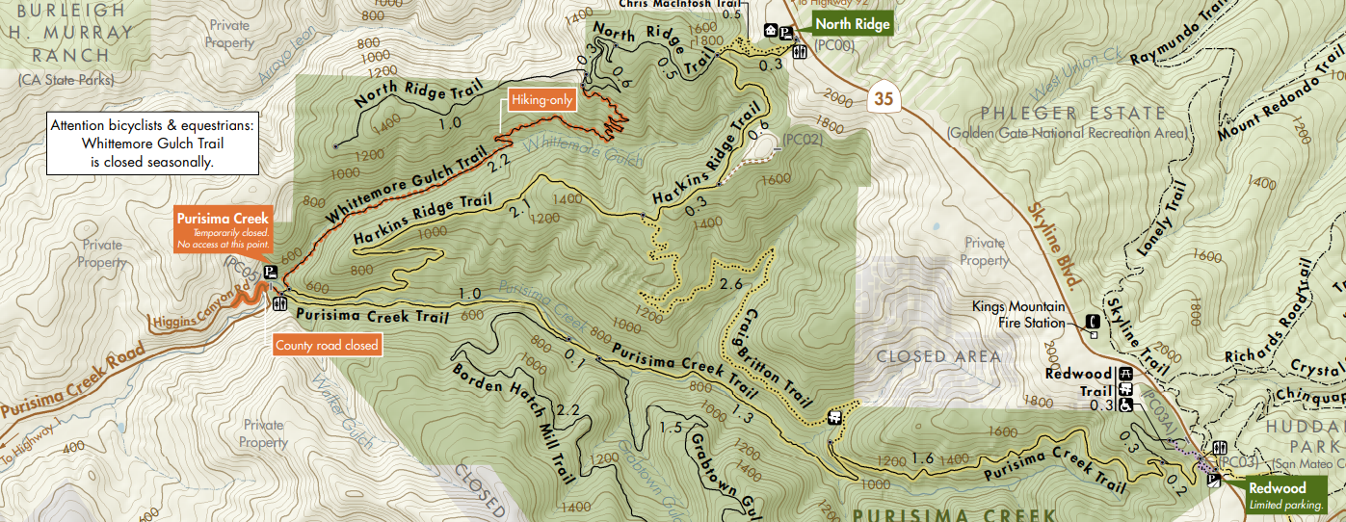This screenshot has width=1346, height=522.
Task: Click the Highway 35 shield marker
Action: pos(884,97)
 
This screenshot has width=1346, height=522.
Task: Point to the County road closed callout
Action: pos(327,345)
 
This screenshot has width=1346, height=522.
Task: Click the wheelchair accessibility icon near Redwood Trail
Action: pos(1124,405)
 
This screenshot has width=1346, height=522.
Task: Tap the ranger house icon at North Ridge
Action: pos(771,31)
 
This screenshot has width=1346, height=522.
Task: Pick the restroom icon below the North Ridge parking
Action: pos(799,52)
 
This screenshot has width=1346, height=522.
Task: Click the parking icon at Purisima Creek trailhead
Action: pos(272,272)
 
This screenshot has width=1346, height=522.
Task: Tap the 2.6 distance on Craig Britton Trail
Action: pos(730,284)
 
